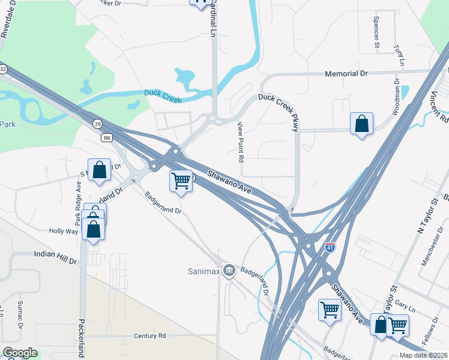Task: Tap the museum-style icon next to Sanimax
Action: pos(228,271)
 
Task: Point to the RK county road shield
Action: pos(107,138)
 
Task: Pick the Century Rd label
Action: pos(150,337)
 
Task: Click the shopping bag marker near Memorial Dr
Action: pos(361,124)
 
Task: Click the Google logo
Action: pos(20,353)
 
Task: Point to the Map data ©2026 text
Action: pos(420,355)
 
